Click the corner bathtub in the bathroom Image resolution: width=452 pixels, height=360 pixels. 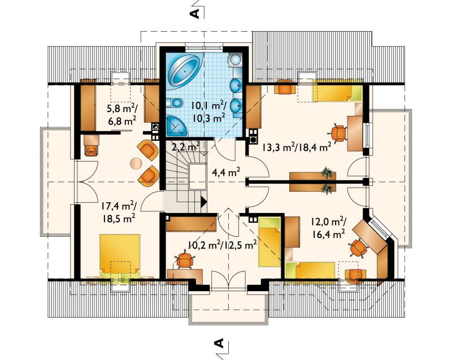click(185, 71)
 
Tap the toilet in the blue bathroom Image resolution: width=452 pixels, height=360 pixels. click(175, 102)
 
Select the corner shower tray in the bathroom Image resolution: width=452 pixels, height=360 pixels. click(176, 125)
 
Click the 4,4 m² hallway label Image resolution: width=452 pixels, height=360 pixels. click(227, 172)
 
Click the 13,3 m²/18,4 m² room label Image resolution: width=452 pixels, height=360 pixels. click(296, 148)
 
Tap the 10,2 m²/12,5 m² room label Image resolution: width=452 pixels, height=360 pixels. click(223, 245)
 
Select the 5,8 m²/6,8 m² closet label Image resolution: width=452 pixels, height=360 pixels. click(121, 115)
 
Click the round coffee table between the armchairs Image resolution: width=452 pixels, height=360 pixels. click(136, 163)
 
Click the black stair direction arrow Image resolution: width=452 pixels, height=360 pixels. click(203, 201)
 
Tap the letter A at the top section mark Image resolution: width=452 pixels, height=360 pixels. click(195, 13)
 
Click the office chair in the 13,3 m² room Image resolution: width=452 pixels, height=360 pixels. click(337, 133)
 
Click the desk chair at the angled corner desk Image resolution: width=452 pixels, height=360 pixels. click(358, 248)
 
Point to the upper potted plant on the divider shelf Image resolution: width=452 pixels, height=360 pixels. click(327, 173)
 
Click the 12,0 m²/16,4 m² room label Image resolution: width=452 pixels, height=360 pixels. click(328, 227)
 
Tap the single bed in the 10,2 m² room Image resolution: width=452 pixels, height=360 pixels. click(270, 242)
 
